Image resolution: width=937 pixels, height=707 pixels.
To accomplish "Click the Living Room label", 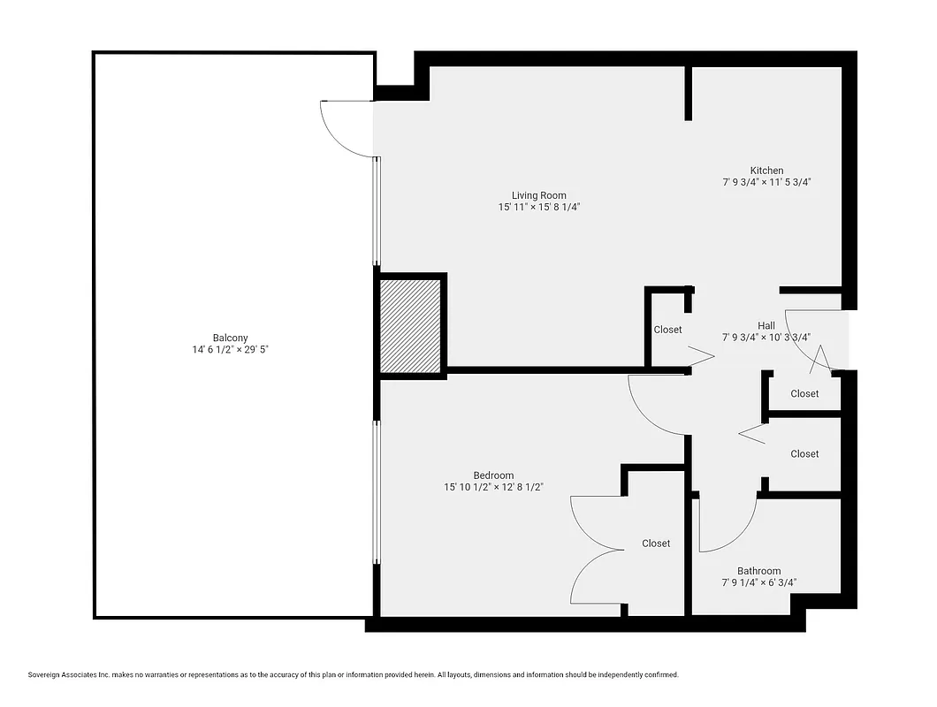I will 538,195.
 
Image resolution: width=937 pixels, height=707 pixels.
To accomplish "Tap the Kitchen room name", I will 766,171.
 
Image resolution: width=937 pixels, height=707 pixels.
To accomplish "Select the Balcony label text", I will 230,338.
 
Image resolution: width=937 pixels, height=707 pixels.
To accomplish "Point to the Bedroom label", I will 492,475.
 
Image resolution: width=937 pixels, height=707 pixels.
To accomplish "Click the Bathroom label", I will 758,571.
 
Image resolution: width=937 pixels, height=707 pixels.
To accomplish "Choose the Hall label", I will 766,325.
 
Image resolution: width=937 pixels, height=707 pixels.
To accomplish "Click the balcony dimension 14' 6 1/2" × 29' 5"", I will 230,349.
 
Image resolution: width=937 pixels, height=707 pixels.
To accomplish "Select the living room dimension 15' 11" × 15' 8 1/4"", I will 538,207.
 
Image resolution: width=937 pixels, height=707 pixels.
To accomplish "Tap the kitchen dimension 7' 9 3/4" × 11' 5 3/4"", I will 766,182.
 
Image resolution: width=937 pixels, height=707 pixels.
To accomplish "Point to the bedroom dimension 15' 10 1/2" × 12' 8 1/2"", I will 492,487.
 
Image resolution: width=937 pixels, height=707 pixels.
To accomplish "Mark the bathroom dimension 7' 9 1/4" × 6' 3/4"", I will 758,582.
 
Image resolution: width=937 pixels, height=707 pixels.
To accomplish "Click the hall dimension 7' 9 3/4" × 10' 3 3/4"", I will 766,337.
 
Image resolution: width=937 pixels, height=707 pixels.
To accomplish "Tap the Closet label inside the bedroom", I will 656,544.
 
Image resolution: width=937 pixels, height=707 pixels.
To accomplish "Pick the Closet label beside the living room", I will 667,330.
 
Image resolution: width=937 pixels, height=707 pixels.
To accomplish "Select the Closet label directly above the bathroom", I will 804,453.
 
